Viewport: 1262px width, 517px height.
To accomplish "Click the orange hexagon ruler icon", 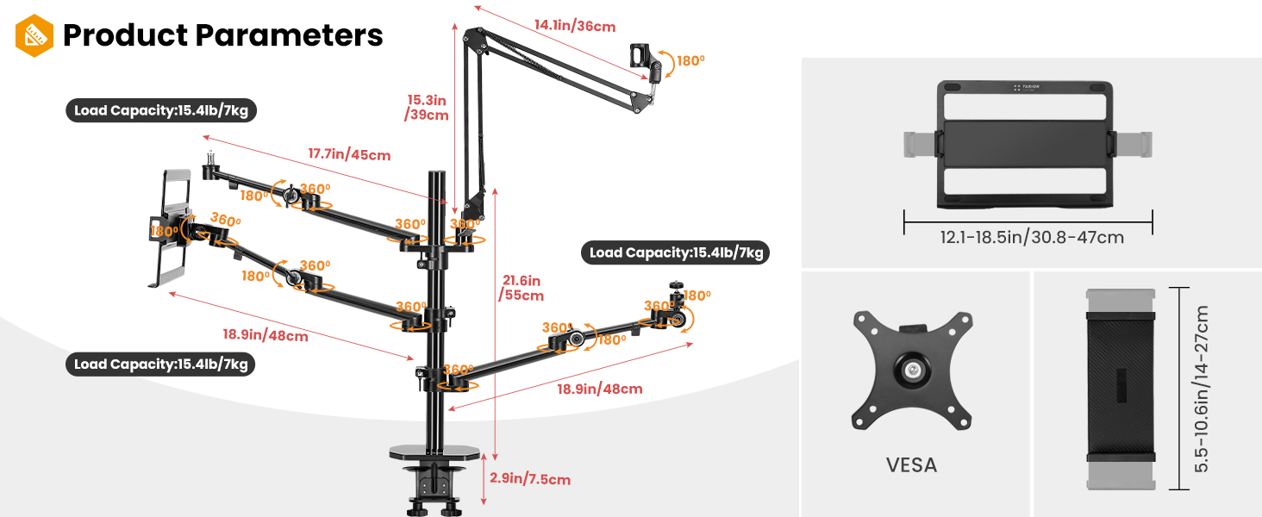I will pyautogui.click(x=34, y=35).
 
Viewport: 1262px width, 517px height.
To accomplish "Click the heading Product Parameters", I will pyautogui.click(x=223, y=35).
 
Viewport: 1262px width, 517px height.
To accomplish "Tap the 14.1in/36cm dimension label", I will pyautogui.click(x=575, y=26).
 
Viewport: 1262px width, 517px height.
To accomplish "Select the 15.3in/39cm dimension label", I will pyautogui.click(x=428, y=107).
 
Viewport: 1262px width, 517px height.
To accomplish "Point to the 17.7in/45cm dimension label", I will pyautogui.click(x=349, y=155).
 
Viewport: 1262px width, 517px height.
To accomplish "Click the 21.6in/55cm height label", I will pyautogui.click(x=522, y=288).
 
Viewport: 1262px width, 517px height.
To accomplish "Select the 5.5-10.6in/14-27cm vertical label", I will pyautogui.click(x=1202, y=388).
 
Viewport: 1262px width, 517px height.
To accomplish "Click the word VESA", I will pyautogui.click(x=911, y=465).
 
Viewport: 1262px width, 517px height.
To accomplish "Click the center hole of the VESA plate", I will pyautogui.click(x=911, y=370).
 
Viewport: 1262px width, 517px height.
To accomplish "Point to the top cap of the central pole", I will pyautogui.click(x=438, y=176).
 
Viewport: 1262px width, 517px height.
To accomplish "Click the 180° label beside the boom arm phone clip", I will pyautogui.click(x=690, y=61).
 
